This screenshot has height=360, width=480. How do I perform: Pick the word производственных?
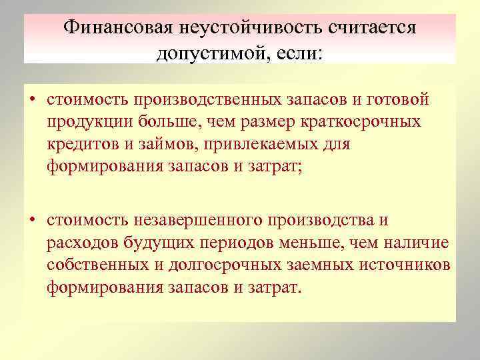coord(203,99)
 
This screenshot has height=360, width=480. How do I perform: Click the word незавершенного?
coord(193,220)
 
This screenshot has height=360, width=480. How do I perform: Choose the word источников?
coord(403,265)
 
